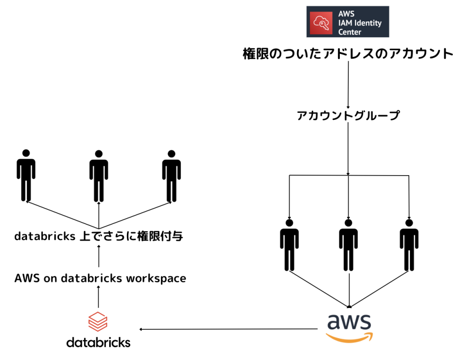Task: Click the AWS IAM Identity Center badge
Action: (348, 21)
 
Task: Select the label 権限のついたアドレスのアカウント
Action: (348, 54)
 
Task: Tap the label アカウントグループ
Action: (348, 116)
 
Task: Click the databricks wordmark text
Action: (98, 343)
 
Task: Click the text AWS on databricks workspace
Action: (100, 278)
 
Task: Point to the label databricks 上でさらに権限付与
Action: (99, 237)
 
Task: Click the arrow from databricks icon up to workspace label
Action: (99, 297)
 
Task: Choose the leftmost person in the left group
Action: (26, 176)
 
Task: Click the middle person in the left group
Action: (99, 176)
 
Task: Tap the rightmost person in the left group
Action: (171, 176)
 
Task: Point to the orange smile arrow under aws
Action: (349, 337)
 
